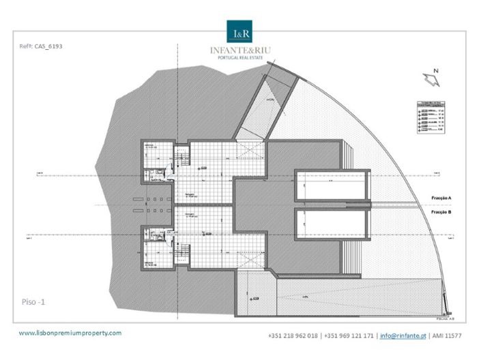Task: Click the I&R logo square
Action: [x=240, y=31]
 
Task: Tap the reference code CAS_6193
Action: [x=42, y=47]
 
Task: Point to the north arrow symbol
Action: [x=432, y=79]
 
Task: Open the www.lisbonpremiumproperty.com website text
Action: [x=70, y=333]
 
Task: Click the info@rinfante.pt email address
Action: [x=403, y=336]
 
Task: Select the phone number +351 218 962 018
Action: [x=293, y=336]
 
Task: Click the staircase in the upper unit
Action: [x=182, y=164]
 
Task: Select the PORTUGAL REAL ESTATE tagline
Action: [x=240, y=58]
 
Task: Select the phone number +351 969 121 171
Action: [x=349, y=336]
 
